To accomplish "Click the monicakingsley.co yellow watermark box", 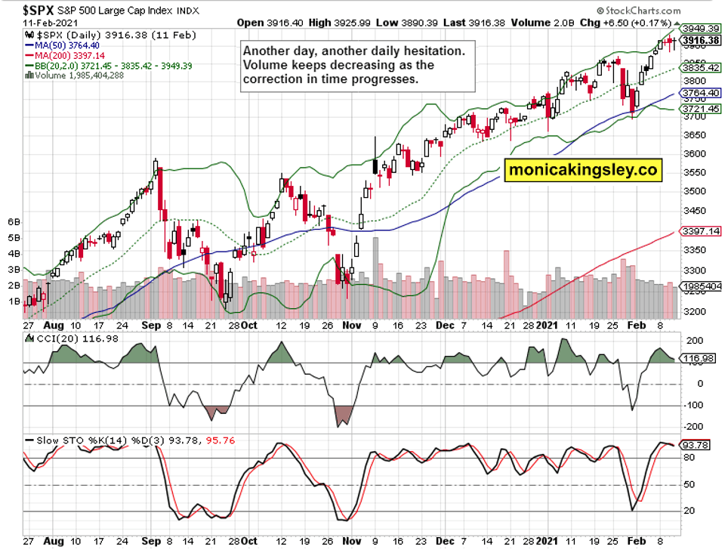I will pyautogui.click(x=583, y=170).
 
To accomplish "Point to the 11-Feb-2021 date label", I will pyautogui.click(x=39, y=23).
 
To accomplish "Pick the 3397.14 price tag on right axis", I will pyautogui.click(x=699, y=230).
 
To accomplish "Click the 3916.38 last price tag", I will pyautogui.click(x=699, y=41).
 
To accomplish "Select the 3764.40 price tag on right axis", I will pyautogui.click(x=699, y=94).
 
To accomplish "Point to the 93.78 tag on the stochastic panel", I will pyautogui.click(x=696, y=444).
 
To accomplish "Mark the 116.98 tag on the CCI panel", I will pyautogui.click(x=698, y=358).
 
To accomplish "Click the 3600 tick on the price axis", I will pyautogui.click(x=694, y=153).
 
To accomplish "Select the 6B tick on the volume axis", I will pyautogui.click(x=13, y=222).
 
